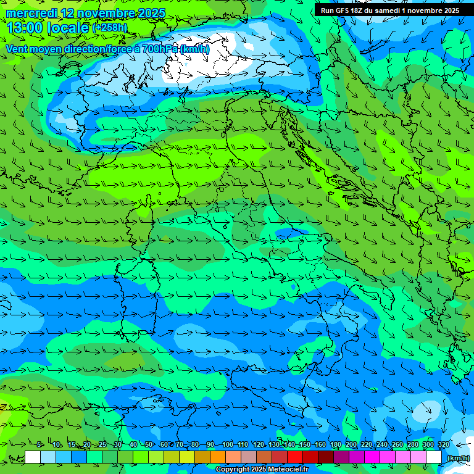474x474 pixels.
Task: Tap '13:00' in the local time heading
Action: click(x=25, y=28)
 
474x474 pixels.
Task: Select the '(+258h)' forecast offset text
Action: click(x=109, y=28)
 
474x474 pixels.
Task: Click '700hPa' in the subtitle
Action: click(x=159, y=49)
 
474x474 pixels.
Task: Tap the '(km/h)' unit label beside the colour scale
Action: click(x=457, y=458)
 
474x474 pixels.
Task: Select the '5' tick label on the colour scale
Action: click(x=39, y=444)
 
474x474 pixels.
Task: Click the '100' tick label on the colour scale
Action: click(x=228, y=444)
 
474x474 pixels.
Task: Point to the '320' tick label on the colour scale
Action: click(x=444, y=444)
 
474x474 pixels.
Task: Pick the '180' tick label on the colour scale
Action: click(x=336, y=444)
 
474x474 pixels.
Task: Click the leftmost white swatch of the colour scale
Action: click(x=33, y=457)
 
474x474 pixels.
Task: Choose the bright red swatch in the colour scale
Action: click(x=295, y=457)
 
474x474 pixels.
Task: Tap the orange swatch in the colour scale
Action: click(x=218, y=457)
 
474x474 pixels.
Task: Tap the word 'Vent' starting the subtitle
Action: click(x=17, y=49)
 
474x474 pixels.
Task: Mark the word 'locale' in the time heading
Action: click(x=69, y=28)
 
